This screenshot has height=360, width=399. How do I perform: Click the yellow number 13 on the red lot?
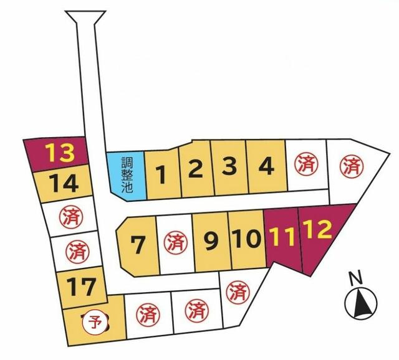[x=60, y=152]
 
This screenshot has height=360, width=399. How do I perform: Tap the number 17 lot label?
[x=82, y=287]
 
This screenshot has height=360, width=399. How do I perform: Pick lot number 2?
[x=196, y=168]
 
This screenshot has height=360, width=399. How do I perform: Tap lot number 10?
[x=246, y=239]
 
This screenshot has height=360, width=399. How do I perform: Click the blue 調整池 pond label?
[x=127, y=176]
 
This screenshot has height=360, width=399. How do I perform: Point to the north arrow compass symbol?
[x=360, y=304]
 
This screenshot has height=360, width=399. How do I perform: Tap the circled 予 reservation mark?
[x=95, y=323]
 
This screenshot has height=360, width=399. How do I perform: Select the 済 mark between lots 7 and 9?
[x=175, y=242]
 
